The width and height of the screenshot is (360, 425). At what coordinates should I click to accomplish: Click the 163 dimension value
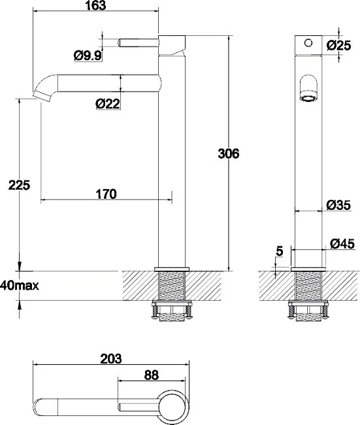click(x=95, y=5)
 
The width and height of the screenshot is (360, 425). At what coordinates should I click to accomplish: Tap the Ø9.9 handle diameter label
click(x=88, y=56)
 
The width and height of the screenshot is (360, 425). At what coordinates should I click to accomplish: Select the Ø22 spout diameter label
click(x=108, y=103)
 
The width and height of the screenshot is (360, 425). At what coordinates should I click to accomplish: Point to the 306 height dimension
click(x=229, y=154)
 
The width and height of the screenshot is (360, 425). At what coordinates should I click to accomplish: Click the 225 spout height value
click(x=19, y=185)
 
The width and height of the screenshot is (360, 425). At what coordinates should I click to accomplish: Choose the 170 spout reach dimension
click(x=106, y=194)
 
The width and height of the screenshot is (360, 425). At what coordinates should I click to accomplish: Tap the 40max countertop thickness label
click(x=20, y=286)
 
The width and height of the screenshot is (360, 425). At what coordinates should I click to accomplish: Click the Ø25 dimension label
click(x=338, y=45)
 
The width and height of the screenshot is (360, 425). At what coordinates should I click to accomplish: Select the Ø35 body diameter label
click(x=338, y=205)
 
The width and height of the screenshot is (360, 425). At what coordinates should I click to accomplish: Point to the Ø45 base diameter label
click(x=342, y=244)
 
